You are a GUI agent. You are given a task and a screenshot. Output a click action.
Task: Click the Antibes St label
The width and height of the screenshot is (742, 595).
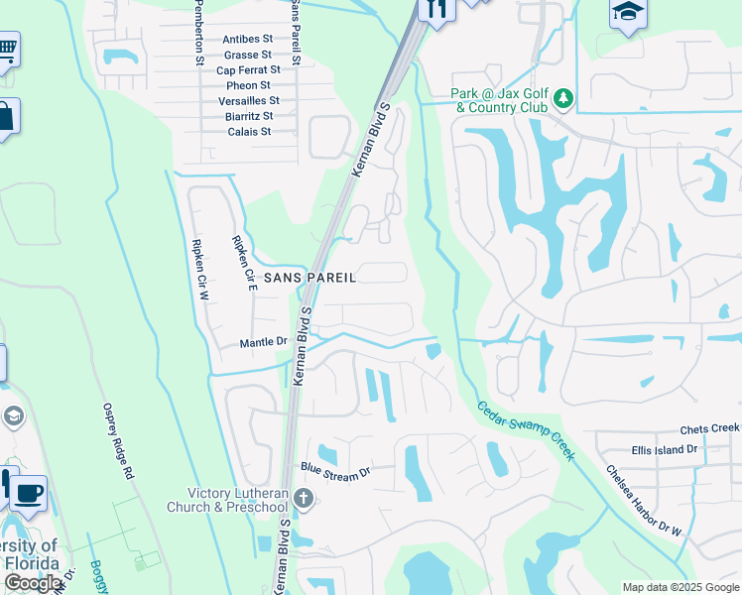247,39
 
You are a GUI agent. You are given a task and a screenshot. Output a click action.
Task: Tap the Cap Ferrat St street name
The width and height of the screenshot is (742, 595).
247,70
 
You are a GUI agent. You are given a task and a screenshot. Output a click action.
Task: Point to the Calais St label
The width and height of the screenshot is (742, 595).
248,131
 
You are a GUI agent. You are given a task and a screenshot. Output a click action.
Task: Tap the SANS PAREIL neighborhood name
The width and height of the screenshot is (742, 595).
309,279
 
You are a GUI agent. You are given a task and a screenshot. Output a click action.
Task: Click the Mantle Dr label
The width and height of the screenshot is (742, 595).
263,343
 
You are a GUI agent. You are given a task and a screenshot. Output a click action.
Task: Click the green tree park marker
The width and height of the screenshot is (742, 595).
563,98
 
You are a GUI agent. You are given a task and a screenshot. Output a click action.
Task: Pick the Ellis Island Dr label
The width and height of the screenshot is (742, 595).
665,449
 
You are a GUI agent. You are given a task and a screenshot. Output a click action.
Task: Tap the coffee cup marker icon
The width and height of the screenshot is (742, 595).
28,492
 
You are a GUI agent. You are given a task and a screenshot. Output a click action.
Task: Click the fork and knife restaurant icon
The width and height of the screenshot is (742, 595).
434,8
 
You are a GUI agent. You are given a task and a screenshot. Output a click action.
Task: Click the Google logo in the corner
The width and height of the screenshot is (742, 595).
34,583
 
